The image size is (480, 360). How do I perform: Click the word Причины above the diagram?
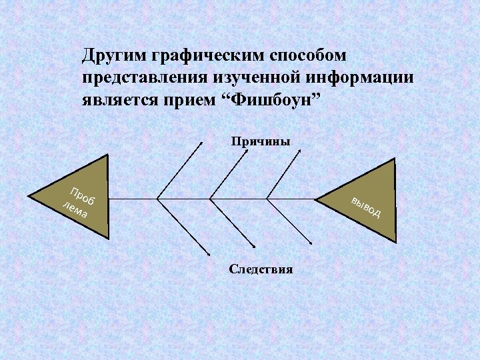tap(261, 141)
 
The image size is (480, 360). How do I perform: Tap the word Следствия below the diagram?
tap(261, 269)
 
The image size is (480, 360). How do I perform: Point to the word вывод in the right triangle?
tap(366, 207)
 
